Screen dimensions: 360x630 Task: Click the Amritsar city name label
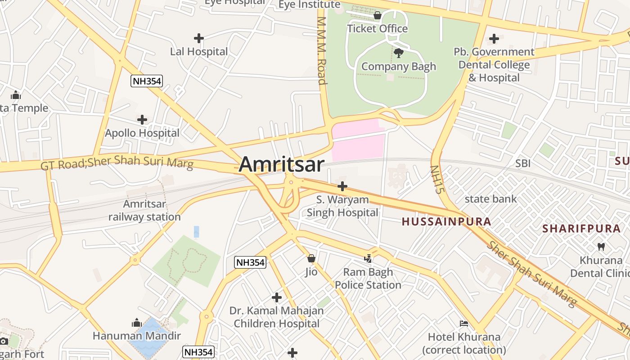pos(281,164)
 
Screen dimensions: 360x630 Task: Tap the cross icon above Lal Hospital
pos(198,38)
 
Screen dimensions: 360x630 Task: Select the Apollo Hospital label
pos(142,133)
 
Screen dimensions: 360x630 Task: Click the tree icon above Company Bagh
pos(398,53)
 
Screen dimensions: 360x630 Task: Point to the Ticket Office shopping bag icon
pos(377,16)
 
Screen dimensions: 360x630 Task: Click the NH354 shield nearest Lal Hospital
pos(147,81)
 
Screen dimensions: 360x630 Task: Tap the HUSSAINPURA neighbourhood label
pos(446,222)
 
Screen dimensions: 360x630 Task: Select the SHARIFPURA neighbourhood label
pos(581,229)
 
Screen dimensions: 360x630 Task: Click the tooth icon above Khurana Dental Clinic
pos(601,247)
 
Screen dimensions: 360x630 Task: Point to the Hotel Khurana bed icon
pos(463,324)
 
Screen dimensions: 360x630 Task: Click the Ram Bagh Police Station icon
pos(368,258)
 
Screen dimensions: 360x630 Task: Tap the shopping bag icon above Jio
pos(311,258)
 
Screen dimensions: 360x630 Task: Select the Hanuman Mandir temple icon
pos(137,323)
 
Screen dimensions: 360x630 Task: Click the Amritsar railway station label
pos(144,211)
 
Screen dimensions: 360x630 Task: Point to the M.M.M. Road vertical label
pos(321,51)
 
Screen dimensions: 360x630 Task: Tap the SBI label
pos(523,163)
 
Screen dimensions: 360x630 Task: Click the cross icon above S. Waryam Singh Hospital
pos(342,186)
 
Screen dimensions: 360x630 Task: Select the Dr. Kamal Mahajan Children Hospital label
pos(276,317)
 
